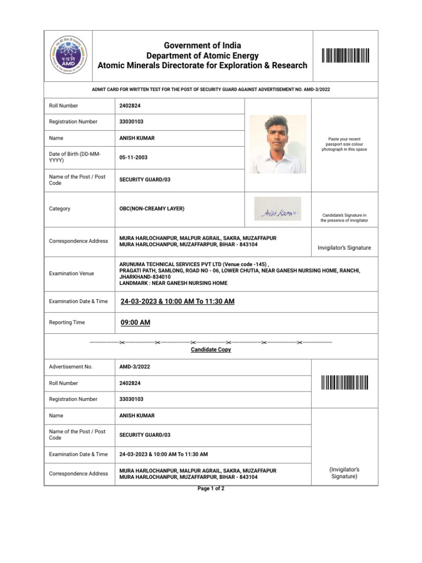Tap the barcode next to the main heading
(345, 56)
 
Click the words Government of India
(202, 45)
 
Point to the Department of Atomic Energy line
(202, 56)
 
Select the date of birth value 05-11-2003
(134, 158)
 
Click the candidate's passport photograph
(277, 144)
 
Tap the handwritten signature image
(277, 209)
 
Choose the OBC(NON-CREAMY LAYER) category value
(152, 209)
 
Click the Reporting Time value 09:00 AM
(135, 323)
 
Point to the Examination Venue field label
(71, 274)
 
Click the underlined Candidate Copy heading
(211, 350)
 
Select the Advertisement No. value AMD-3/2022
(135, 367)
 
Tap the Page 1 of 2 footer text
(211, 489)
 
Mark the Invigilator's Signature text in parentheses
(345, 473)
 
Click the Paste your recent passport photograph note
(345, 144)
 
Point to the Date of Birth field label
(75, 157)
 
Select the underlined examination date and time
(177, 301)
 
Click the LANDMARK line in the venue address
(173, 283)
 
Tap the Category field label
(60, 209)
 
